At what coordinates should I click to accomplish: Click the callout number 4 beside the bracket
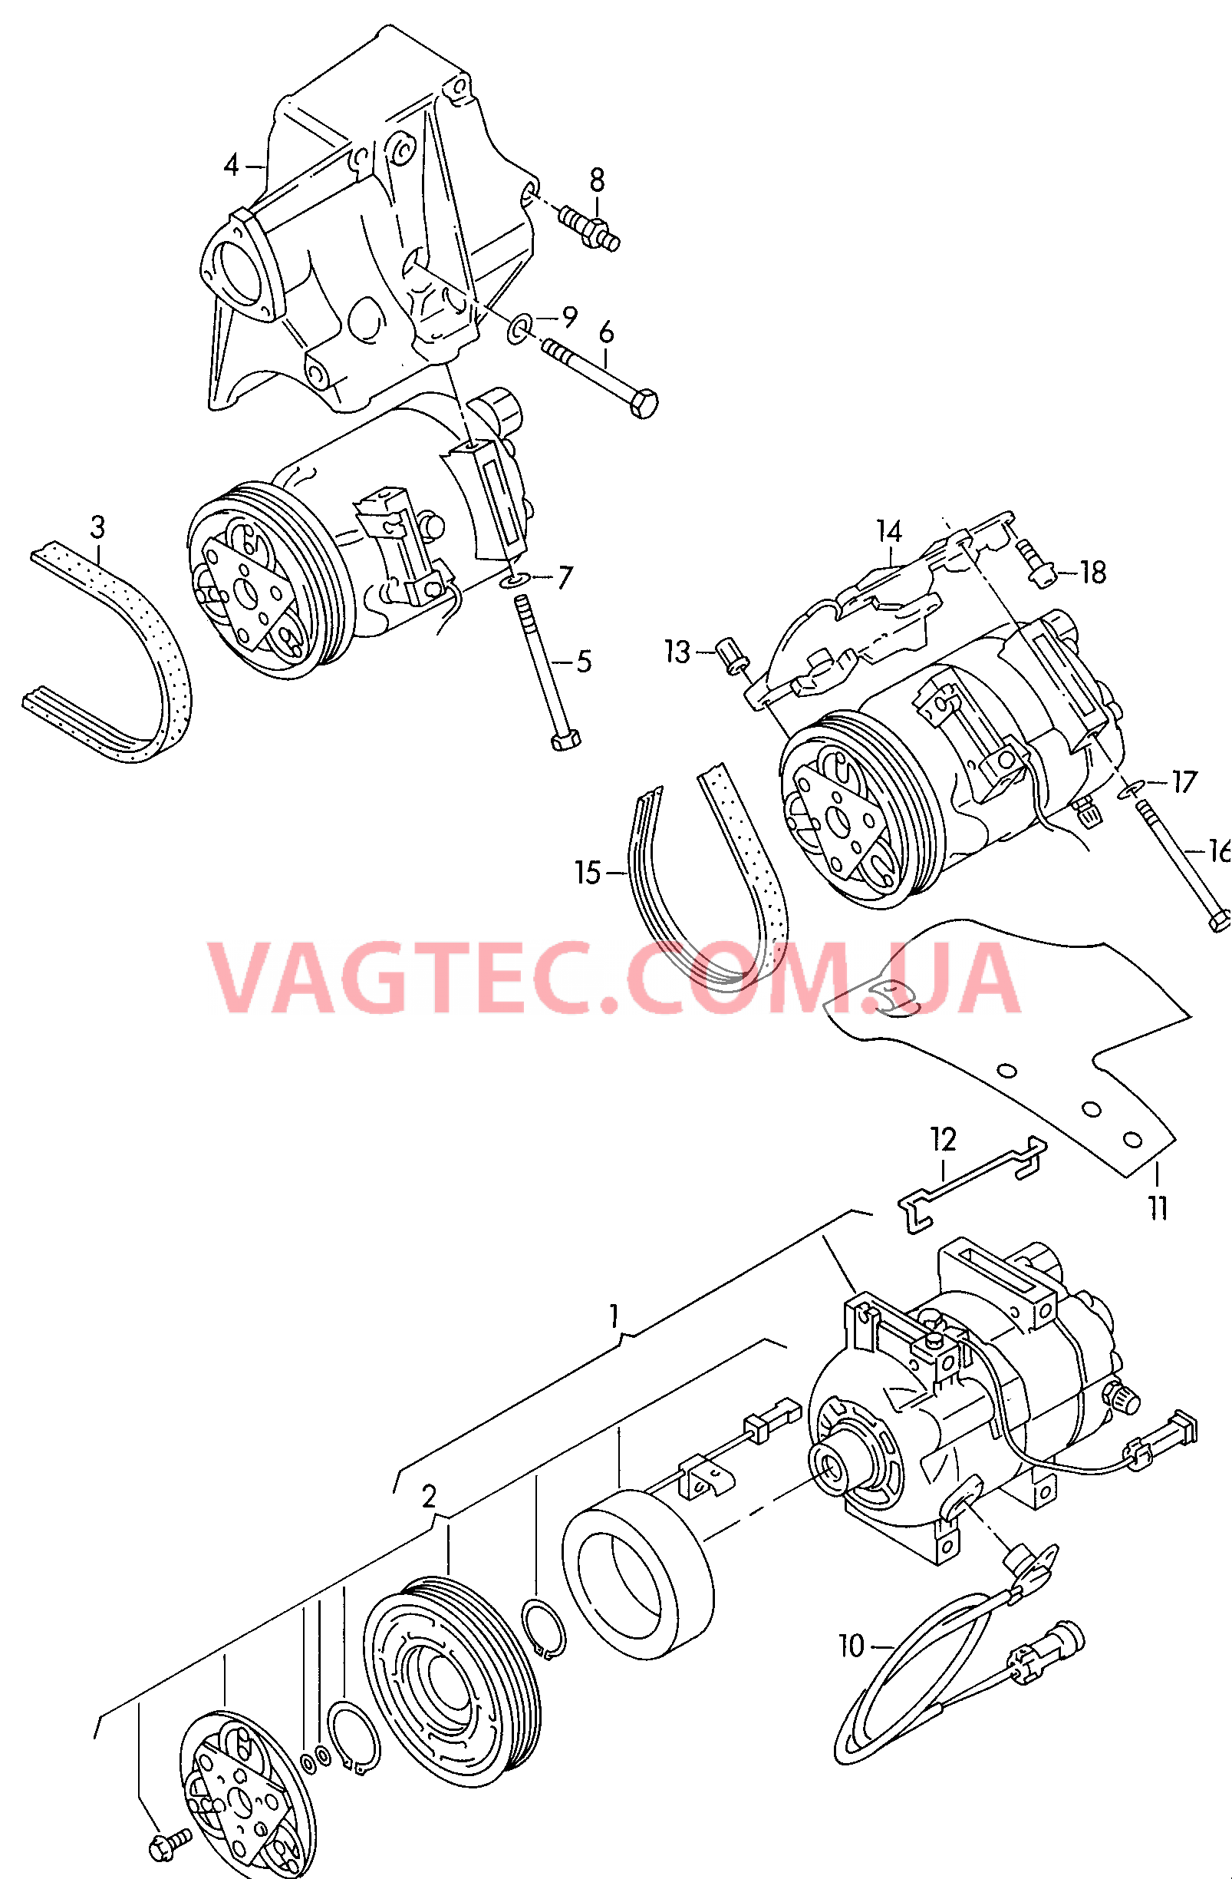point(231,166)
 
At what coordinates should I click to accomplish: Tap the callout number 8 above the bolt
point(597,180)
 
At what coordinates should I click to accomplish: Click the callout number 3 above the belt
point(97,527)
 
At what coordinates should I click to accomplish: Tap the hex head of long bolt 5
point(565,740)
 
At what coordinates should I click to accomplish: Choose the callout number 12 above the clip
point(943,1139)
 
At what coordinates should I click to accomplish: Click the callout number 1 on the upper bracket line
point(614,1316)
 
